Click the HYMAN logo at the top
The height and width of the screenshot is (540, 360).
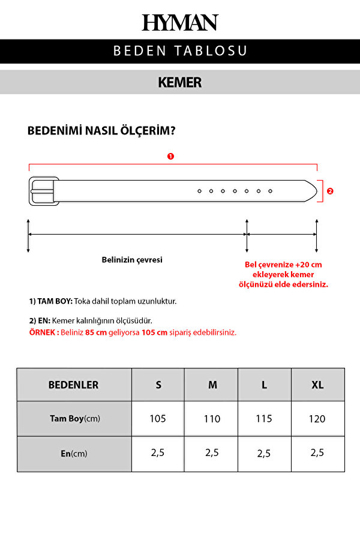[x=180, y=22]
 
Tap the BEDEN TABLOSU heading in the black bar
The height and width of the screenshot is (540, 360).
[x=180, y=51]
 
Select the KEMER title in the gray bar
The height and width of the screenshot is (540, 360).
[x=180, y=82]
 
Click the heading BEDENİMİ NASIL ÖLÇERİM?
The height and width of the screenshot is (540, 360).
[x=101, y=131]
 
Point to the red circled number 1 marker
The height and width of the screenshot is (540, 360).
[x=170, y=156]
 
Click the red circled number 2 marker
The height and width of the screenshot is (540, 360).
[x=329, y=191]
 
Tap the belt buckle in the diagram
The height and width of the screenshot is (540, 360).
[x=43, y=191]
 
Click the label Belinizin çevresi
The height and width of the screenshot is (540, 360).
[x=132, y=260]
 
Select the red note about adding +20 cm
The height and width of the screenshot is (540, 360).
[x=284, y=274]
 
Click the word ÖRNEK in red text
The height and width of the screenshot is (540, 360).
[x=43, y=332]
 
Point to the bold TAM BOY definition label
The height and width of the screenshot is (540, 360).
[x=50, y=301]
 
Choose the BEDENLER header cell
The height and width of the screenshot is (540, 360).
[x=74, y=385]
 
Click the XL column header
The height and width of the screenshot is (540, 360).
[x=318, y=385]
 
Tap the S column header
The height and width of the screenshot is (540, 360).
[x=158, y=385]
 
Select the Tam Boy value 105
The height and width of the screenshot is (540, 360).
[x=158, y=418]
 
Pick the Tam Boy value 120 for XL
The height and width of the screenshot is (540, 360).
[x=317, y=418]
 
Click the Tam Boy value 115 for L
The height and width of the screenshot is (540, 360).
[x=264, y=418]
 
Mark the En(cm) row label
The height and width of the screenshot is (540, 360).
[x=74, y=454]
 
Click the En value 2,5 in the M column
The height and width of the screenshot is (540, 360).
[x=212, y=453]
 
